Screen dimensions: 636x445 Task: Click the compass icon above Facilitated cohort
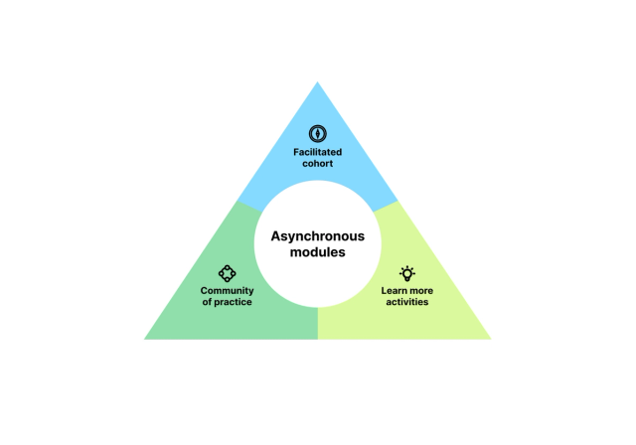point(317,132)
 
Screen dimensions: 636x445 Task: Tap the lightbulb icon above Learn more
point(406,272)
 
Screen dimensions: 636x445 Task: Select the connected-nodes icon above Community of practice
point(227,272)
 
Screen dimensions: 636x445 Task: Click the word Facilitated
point(317,152)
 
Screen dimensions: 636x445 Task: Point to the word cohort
point(317,163)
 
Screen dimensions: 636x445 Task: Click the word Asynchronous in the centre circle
point(317,236)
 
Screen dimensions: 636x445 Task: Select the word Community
point(227,290)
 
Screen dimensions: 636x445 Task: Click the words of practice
point(227,301)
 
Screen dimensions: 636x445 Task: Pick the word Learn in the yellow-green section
point(395,290)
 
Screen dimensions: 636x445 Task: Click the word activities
point(406,301)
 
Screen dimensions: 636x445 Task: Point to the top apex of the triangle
point(318,81)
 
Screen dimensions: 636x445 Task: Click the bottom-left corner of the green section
point(145,339)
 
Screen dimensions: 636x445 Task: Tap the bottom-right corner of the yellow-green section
point(490,339)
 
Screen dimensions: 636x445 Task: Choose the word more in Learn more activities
point(419,290)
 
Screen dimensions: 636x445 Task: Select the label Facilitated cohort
point(317,157)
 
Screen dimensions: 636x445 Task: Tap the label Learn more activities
point(406,295)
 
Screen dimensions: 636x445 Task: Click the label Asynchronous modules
point(317,244)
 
